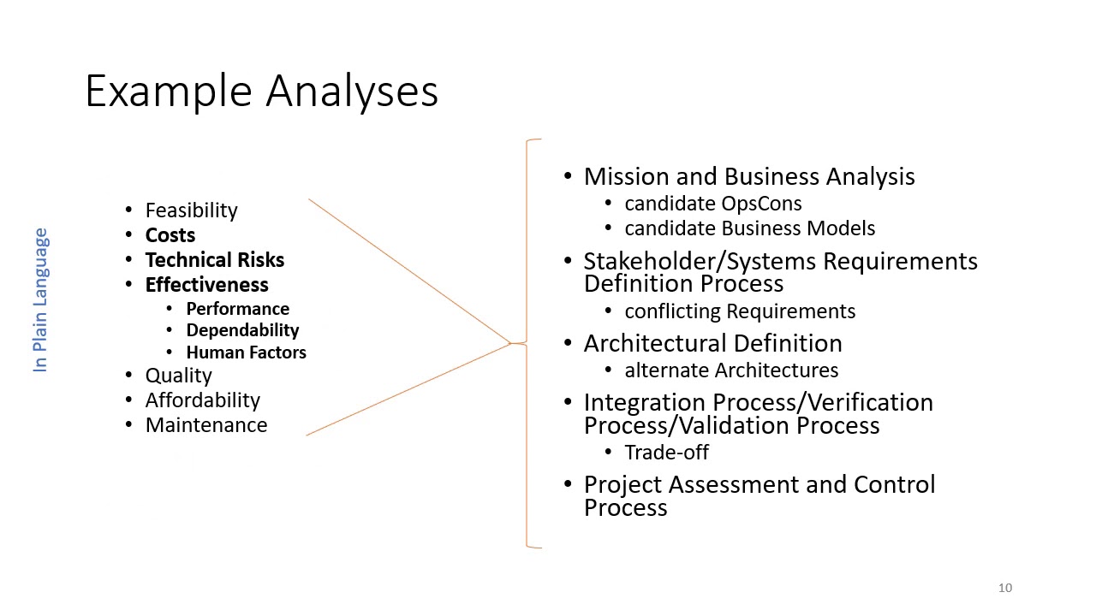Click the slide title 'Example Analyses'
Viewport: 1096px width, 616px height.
pyautogui.click(x=262, y=91)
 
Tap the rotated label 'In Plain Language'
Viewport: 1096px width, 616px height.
pyautogui.click(x=40, y=299)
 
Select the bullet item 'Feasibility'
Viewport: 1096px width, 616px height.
pyautogui.click(x=191, y=210)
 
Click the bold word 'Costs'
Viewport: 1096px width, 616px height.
pyautogui.click(x=170, y=235)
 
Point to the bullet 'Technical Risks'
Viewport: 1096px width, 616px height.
pyautogui.click(x=214, y=260)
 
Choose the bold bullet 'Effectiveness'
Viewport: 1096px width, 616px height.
pyautogui.click(x=206, y=285)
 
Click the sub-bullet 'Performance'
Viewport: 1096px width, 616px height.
pyautogui.click(x=237, y=309)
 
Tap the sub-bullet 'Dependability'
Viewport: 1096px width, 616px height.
pyautogui.click(x=242, y=330)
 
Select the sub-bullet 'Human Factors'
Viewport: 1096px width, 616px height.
pyautogui.click(x=246, y=352)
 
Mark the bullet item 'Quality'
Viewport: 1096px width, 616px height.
pyautogui.click(x=178, y=376)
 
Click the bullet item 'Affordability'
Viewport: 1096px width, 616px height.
pyautogui.click(x=202, y=400)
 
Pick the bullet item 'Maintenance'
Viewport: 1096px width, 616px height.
pyautogui.click(x=205, y=425)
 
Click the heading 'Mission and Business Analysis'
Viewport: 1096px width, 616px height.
pyautogui.click(x=748, y=176)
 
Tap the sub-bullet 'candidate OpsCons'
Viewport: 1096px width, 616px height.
pyautogui.click(x=712, y=204)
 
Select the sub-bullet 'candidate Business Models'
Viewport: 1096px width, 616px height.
pyautogui.click(x=749, y=228)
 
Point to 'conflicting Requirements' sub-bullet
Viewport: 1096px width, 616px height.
pyautogui.click(x=740, y=311)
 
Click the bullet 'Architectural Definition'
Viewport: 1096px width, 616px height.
pyautogui.click(x=712, y=343)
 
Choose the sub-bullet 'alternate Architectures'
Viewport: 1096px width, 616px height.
pyautogui.click(x=731, y=370)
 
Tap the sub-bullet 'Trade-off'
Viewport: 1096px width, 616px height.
pyautogui.click(x=666, y=453)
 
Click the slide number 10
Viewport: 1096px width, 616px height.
pyautogui.click(x=1004, y=588)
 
